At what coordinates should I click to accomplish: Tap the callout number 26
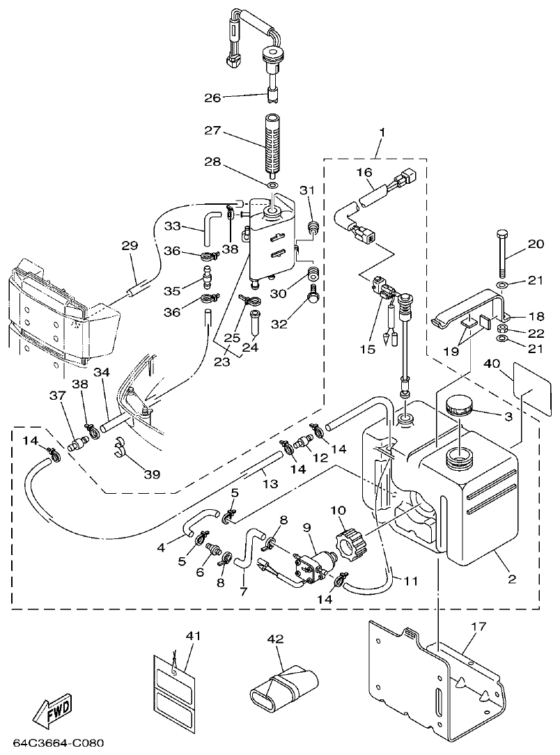pyautogui.click(x=212, y=98)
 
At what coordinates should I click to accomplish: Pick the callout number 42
pyautogui.click(x=277, y=638)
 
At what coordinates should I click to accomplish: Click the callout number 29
pyautogui.click(x=130, y=246)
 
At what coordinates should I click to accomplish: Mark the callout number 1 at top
pyautogui.click(x=382, y=132)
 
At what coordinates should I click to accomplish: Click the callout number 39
pyautogui.click(x=152, y=474)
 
